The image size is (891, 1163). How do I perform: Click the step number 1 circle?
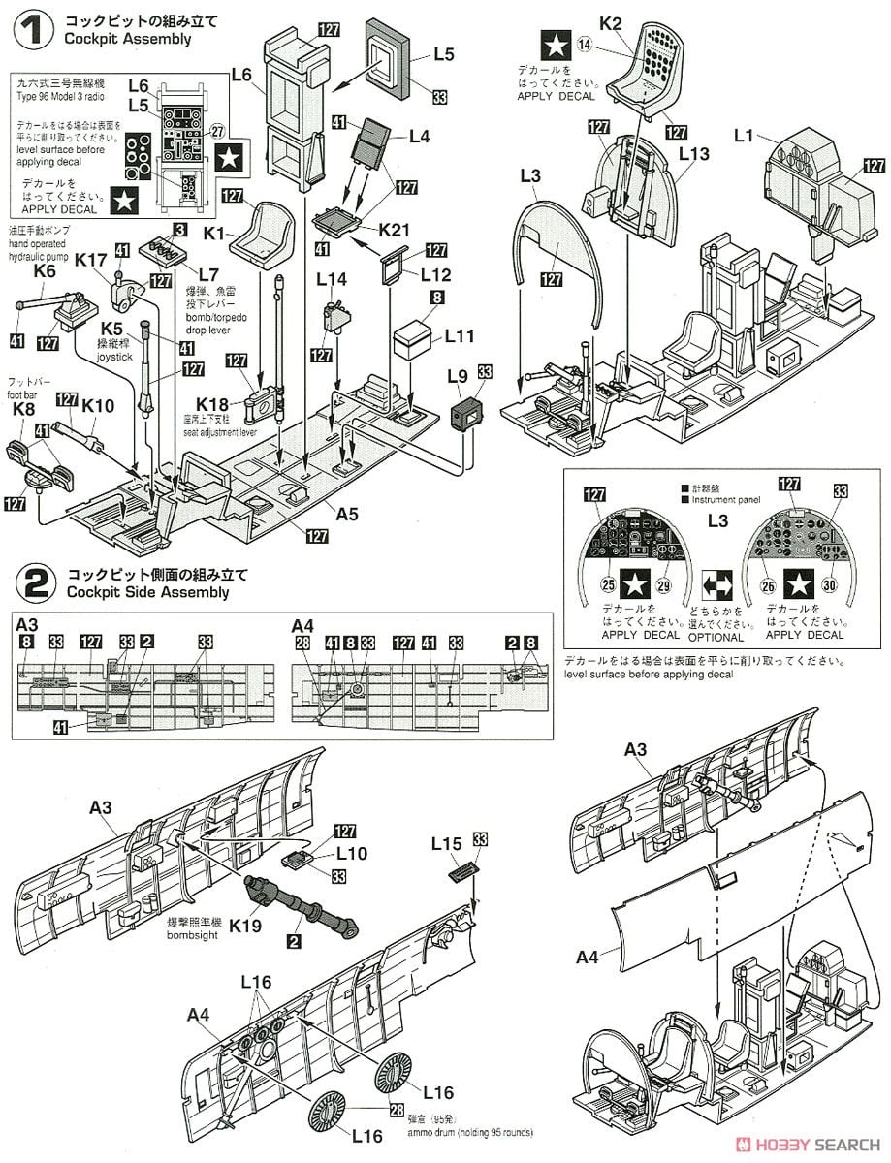point(34,29)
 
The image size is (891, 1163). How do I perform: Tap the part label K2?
point(610,22)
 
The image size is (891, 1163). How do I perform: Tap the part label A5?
point(348,515)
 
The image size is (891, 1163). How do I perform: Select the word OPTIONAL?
point(715,637)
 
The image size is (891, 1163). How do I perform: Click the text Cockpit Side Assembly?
point(148,592)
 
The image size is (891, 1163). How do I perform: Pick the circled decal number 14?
point(584,44)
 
